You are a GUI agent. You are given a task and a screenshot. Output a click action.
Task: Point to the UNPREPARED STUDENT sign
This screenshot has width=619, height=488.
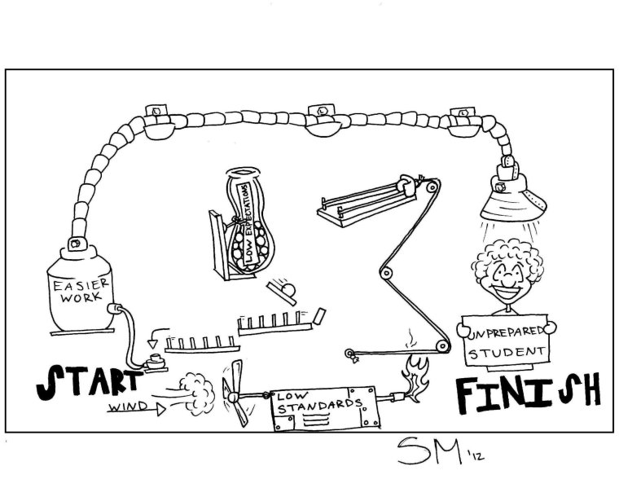coord(504,343)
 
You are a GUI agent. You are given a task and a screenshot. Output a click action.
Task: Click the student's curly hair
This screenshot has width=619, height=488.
coord(508,253)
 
